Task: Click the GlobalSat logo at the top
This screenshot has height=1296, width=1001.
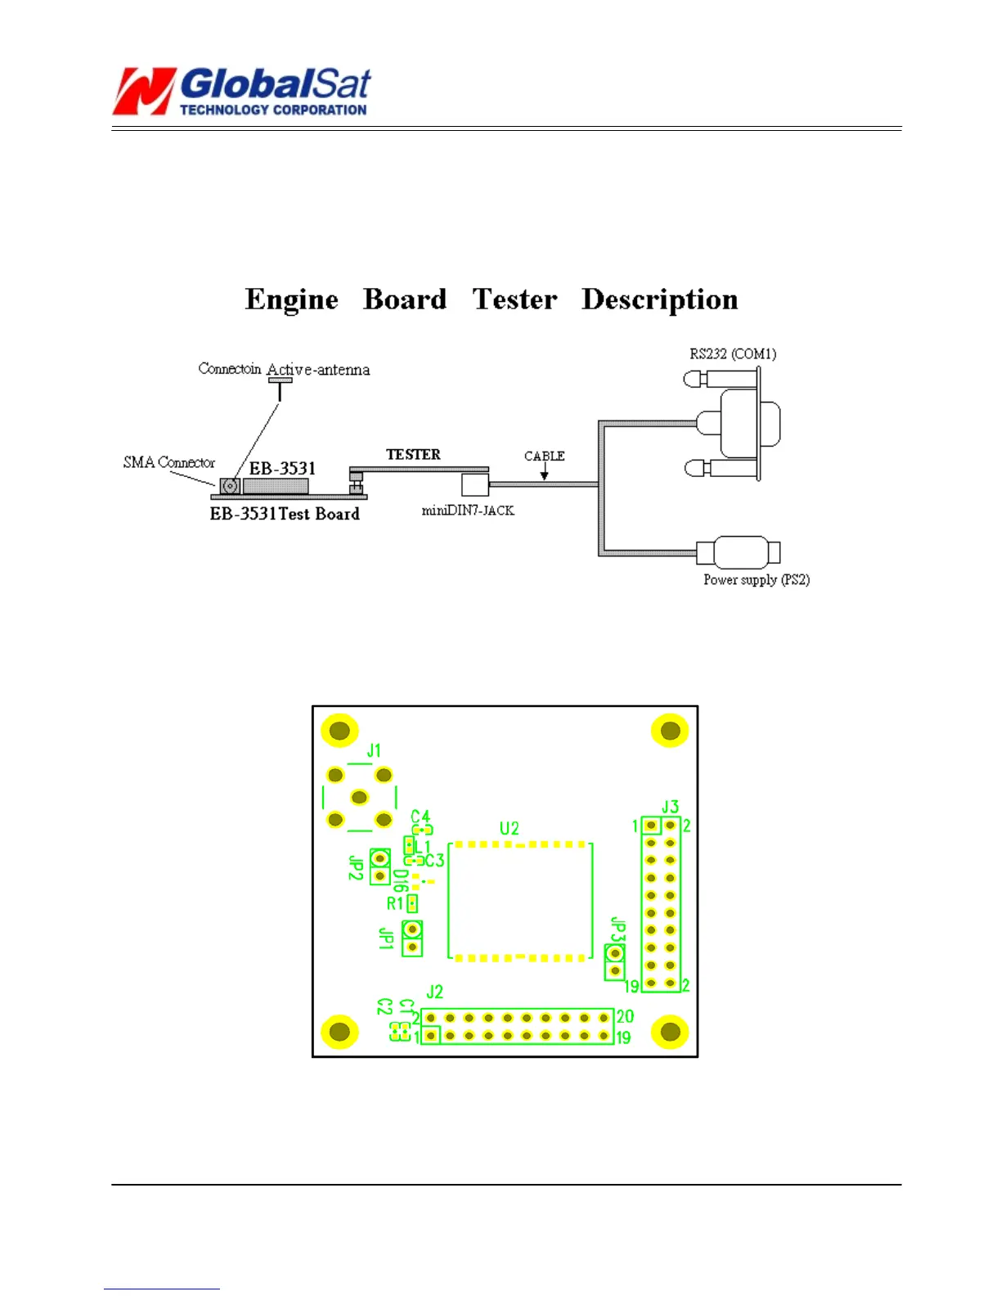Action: click(242, 90)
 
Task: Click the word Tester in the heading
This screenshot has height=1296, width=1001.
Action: click(514, 299)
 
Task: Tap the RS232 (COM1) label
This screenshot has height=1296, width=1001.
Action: click(733, 353)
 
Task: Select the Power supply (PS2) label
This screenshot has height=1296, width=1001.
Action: click(756, 580)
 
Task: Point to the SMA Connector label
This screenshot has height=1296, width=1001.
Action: click(169, 462)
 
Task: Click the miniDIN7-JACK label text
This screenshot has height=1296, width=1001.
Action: click(468, 511)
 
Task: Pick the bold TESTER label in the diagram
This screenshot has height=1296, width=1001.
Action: click(413, 454)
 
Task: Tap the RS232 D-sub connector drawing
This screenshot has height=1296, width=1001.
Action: click(740, 424)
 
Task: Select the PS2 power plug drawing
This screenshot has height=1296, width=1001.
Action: click(740, 553)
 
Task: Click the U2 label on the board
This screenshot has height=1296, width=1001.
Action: click(509, 828)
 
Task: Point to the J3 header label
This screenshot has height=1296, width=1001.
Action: click(670, 807)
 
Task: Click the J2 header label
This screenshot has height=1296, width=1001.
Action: click(435, 992)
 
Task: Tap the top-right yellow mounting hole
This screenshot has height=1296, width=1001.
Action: click(670, 731)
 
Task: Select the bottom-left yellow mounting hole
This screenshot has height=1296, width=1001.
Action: click(339, 1032)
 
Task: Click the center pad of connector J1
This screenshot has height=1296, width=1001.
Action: click(359, 797)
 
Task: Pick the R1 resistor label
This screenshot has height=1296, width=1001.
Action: click(395, 903)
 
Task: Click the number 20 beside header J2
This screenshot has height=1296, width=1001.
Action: click(625, 1016)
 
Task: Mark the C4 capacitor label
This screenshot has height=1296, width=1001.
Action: click(420, 817)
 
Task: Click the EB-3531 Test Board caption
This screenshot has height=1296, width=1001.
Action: click(285, 514)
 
